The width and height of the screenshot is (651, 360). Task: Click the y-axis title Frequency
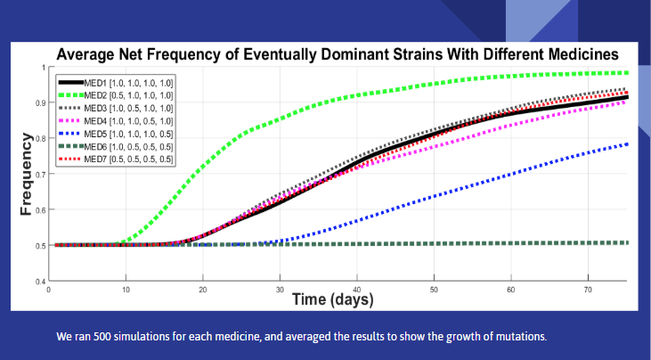(x=27, y=174)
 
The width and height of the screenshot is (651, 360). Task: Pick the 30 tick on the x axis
(x=280, y=290)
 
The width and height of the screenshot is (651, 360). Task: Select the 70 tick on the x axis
(x=589, y=290)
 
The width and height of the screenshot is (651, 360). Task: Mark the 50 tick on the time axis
(x=435, y=290)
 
